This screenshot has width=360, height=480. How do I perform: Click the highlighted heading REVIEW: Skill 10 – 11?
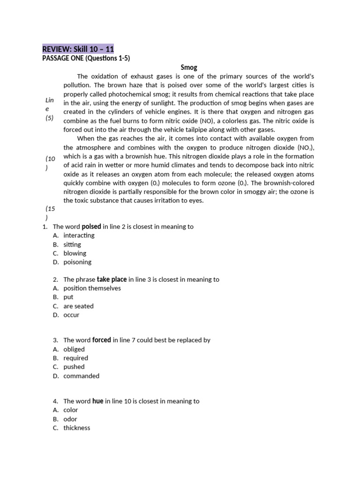pos(78,49)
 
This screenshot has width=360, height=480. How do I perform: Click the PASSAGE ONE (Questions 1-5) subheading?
pos(86,58)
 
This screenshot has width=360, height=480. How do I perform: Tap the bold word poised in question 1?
pos(91,226)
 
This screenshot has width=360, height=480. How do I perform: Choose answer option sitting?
pos(72,244)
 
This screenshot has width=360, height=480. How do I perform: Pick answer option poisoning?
pos(77,262)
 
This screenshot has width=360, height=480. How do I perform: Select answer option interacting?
pos(79,235)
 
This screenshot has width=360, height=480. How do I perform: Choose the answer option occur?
pos(71,315)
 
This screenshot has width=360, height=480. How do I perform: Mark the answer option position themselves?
pos(92,288)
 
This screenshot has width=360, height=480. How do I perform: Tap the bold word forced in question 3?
pos(102,340)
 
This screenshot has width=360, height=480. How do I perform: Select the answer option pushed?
pos(74,367)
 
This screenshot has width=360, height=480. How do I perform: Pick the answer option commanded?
pos(81,376)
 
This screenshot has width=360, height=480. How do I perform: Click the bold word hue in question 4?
pos(97,401)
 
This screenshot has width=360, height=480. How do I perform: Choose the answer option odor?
pos(70,419)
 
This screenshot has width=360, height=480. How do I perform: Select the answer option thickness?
pos(77,428)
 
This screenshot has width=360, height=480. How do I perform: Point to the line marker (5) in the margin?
pos(50,118)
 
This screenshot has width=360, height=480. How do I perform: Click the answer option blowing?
pos(75,253)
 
